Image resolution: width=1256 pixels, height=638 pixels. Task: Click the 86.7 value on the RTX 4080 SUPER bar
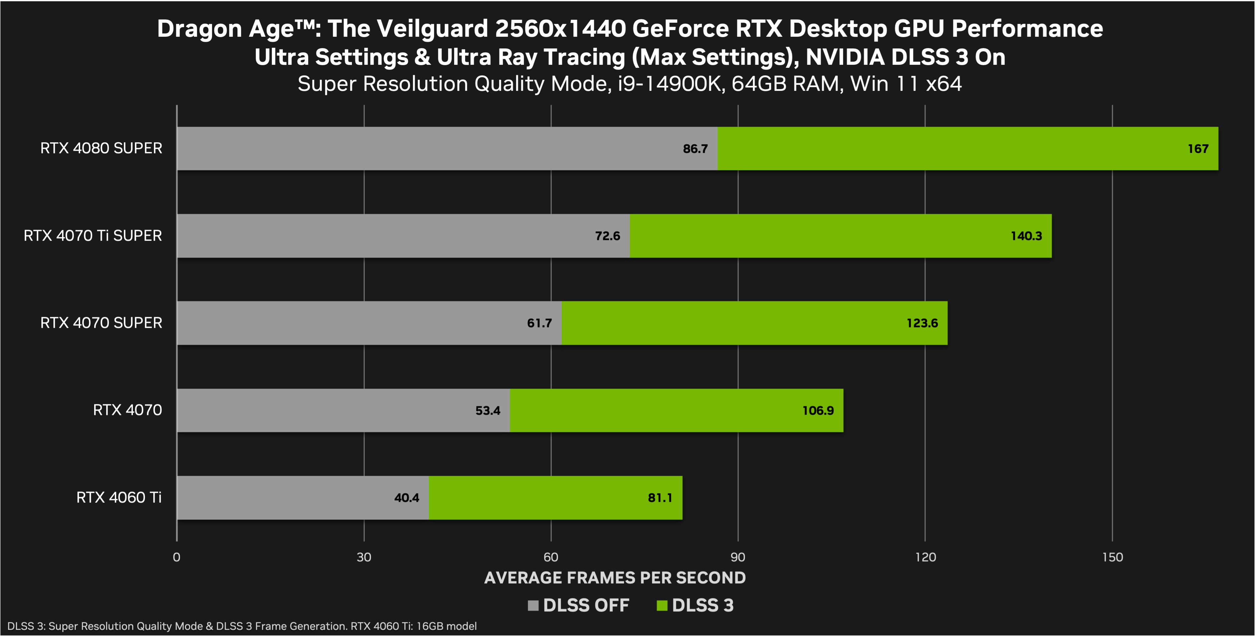695,149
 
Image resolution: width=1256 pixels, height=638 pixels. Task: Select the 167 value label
1198,149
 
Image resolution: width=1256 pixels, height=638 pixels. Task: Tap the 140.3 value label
1026,236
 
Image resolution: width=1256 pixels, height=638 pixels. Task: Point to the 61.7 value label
539,323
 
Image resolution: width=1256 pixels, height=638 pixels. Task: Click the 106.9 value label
818,410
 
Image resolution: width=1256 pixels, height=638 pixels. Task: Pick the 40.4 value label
407,498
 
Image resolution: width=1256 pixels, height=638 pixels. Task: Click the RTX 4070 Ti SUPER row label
92,236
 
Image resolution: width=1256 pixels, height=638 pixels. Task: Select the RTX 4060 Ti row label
119,498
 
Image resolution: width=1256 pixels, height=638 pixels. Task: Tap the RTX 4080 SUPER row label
101,148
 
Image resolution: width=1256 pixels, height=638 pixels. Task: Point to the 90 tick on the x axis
738,557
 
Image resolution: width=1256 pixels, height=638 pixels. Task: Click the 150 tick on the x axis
1112,557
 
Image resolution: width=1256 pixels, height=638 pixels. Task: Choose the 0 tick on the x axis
177,557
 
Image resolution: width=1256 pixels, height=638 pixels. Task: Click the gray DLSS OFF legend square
533,605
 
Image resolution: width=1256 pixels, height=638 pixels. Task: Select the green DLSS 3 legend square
662,605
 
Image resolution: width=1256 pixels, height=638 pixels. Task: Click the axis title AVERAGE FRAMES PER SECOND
615,578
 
